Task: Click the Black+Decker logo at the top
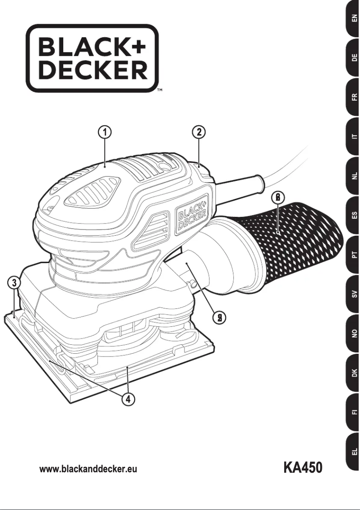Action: point(92,58)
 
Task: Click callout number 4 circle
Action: point(128,399)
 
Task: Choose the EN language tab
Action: point(354,20)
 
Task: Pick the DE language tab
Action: point(354,58)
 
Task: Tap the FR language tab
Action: point(354,97)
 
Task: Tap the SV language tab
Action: point(354,294)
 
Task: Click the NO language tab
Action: point(354,333)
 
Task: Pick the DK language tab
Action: point(354,372)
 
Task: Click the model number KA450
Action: point(303,468)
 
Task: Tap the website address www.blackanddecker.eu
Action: point(88,470)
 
